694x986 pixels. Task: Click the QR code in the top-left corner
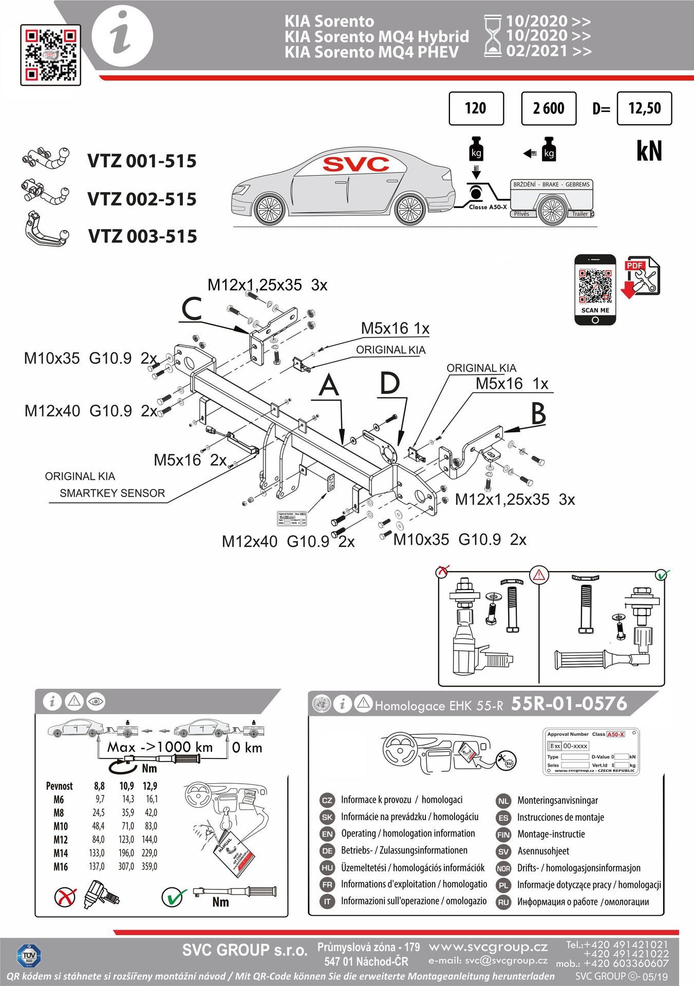(x=50, y=54)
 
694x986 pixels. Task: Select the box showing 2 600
(x=548, y=108)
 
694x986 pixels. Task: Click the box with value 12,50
(x=644, y=108)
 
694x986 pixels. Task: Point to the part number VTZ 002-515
(x=142, y=199)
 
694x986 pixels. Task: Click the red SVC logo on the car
(x=355, y=164)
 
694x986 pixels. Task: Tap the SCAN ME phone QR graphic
(x=595, y=290)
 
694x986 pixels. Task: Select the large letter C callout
(x=192, y=310)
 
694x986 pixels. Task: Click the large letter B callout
(x=538, y=413)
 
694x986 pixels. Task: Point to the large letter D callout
(x=390, y=384)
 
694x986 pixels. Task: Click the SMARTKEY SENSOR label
(x=112, y=493)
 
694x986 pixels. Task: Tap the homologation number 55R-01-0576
(x=569, y=704)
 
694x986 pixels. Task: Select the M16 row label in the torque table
(x=60, y=866)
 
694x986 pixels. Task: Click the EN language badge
(x=327, y=834)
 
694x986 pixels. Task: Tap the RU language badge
(x=503, y=902)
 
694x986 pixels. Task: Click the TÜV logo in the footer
(x=29, y=956)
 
